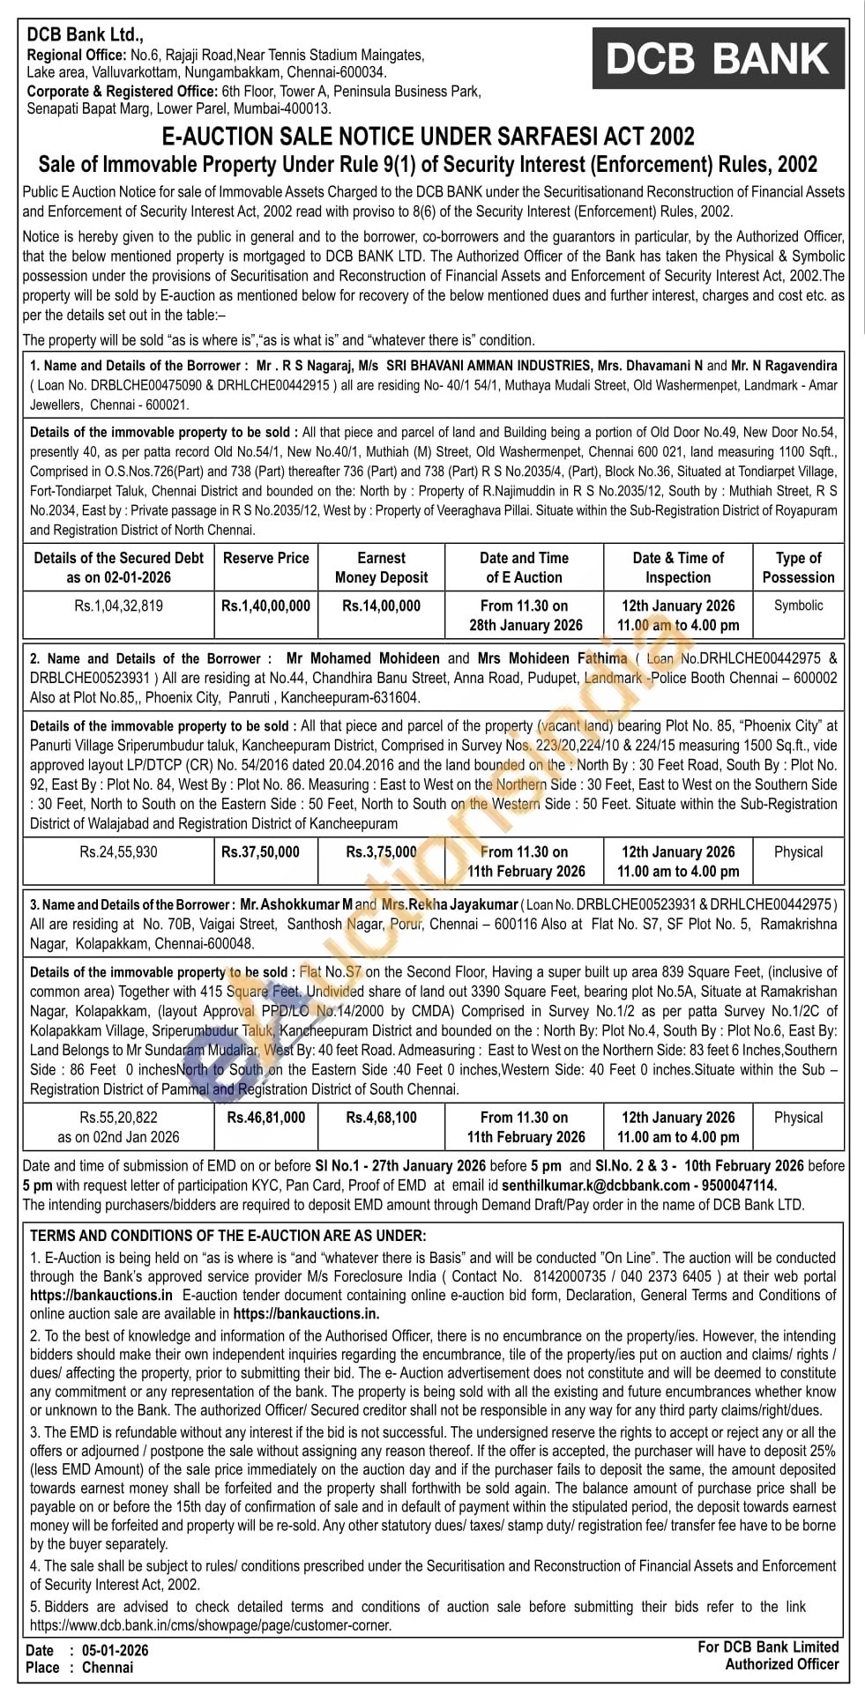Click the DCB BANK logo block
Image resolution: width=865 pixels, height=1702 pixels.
pyautogui.click(x=719, y=58)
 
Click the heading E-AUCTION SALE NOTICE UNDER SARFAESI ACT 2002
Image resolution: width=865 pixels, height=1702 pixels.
pyautogui.click(x=429, y=137)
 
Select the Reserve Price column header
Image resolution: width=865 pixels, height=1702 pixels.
pyautogui.click(x=266, y=558)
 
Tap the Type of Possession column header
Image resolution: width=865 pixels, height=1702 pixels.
pyautogui.click(x=798, y=568)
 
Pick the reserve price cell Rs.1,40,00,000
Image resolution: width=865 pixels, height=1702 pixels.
pyautogui.click(x=266, y=606)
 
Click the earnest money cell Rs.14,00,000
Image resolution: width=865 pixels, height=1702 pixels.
pyautogui.click(x=381, y=606)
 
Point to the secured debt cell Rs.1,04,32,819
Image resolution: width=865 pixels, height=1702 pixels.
pyautogui.click(x=119, y=606)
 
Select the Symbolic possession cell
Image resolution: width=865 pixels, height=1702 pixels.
pyautogui.click(x=798, y=606)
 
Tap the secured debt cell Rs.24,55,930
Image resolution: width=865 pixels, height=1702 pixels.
pyautogui.click(x=119, y=852)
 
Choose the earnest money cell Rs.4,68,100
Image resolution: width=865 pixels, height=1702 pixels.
pyautogui.click(x=381, y=1118)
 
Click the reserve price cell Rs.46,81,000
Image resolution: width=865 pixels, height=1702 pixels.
pyautogui.click(x=266, y=1118)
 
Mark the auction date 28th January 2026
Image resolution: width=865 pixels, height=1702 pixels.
pyautogui.click(x=526, y=625)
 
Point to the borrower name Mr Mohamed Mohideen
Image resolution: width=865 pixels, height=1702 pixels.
pyautogui.click(x=363, y=658)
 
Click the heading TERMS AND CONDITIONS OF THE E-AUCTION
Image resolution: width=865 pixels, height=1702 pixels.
pyautogui.click(x=227, y=1236)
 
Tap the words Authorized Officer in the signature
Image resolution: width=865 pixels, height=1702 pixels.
pyautogui.click(x=781, y=1664)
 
